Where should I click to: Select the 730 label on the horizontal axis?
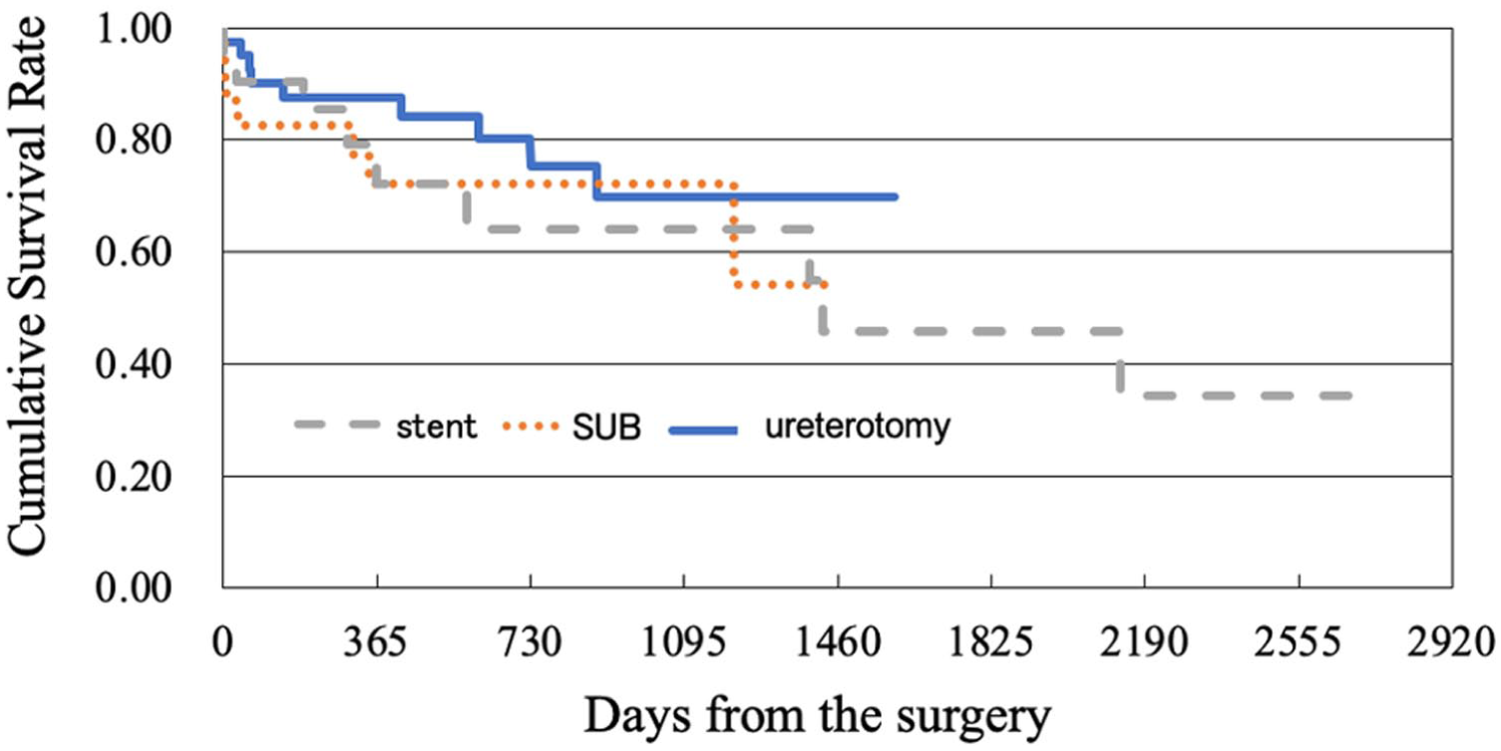tap(530, 642)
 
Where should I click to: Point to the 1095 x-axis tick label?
tap(683, 642)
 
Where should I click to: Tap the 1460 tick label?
tap(838, 642)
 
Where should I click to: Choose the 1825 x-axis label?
tap(990, 642)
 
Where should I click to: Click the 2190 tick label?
tap(1144, 642)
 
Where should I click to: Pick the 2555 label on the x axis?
tap(1298, 642)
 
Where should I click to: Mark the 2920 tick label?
tap(1451, 642)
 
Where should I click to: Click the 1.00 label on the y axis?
tap(134, 30)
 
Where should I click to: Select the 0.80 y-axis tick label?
tap(134, 140)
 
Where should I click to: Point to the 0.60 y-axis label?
tap(134, 252)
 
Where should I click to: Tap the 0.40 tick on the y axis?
tap(134, 364)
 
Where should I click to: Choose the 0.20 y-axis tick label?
tap(134, 477)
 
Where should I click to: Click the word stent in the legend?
tap(436, 427)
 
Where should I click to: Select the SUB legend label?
tap(606, 427)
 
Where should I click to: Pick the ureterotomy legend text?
tap(858, 427)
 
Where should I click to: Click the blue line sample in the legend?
tap(703, 431)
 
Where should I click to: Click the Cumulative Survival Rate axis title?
tap(27, 286)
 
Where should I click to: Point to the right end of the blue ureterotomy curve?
tap(897, 196)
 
